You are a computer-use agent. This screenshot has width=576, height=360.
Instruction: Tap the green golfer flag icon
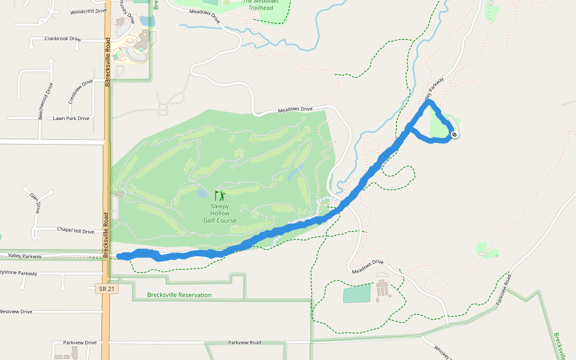click(x=219, y=196)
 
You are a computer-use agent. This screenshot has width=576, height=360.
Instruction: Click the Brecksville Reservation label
click(x=179, y=295)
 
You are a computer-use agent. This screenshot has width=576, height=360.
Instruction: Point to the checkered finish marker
click(x=455, y=134)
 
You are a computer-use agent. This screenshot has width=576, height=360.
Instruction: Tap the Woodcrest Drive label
click(x=88, y=11)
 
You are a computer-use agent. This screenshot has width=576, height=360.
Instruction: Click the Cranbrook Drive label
click(x=62, y=39)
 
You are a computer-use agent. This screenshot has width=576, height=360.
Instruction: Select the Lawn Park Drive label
click(x=71, y=118)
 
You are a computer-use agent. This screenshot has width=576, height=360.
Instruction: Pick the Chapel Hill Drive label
click(x=76, y=231)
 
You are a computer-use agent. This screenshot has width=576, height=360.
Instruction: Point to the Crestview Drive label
click(x=80, y=91)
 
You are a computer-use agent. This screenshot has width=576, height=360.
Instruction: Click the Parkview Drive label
click(x=80, y=343)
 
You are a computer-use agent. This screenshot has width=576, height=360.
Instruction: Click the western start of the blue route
click(x=120, y=257)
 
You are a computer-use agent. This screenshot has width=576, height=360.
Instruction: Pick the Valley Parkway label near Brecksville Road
click(x=25, y=256)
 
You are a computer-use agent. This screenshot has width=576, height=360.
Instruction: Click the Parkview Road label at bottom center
click(x=244, y=343)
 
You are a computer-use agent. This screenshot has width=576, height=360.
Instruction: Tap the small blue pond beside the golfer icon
click(x=203, y=194)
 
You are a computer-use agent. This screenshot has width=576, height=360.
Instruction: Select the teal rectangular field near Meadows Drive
click(x=357, y=294)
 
